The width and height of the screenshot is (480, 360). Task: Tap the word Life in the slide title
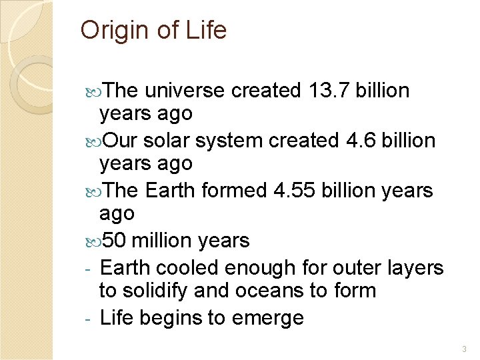point(206,30)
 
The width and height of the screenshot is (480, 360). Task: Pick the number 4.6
point(364,141)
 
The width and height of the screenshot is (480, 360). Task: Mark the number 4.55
point(295,191)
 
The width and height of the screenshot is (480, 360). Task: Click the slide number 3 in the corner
point(464,349)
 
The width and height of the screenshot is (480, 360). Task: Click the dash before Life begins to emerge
point(89,319)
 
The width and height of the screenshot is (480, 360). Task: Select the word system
point(230,141)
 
